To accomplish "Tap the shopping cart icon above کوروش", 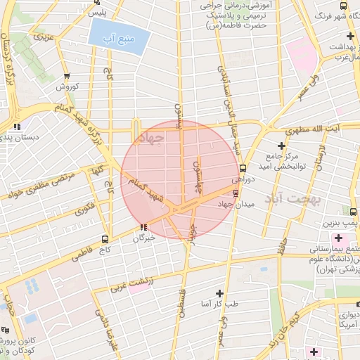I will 67,77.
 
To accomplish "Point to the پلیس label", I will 102,13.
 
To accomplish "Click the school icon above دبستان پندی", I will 15,127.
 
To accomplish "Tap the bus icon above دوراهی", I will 243,168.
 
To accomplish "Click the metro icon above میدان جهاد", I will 236,193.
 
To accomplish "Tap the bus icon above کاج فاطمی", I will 105,238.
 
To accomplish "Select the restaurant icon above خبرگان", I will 143,227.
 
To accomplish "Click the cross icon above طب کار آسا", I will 220,292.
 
